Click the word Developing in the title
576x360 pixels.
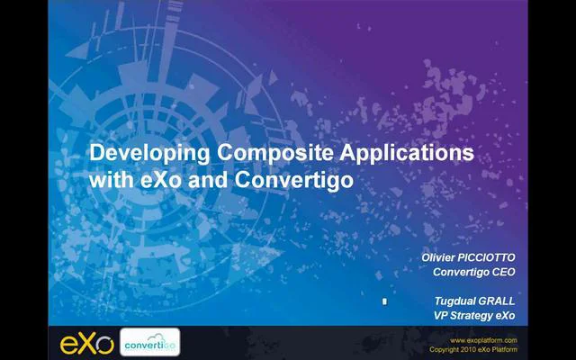(148, 153)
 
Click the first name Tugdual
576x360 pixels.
(454, 301)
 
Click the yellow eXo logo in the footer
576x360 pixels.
(86, 343)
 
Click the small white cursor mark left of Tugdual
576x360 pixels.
(384, 301)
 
